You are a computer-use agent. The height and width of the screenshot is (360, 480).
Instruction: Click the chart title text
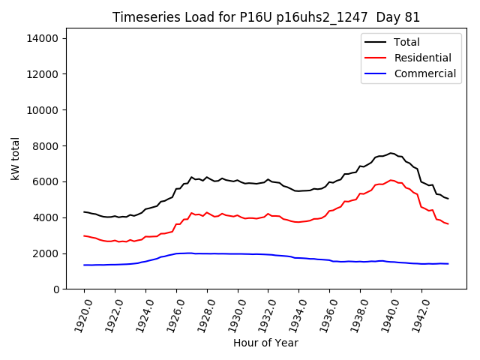[x=266, y=17]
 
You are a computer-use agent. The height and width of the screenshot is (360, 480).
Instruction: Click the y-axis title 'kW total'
[x=15, y=158]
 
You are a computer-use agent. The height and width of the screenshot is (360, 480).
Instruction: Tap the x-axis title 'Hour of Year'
[x=265, y=343]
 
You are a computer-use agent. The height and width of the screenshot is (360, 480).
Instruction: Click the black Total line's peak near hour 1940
[x=391, y=153]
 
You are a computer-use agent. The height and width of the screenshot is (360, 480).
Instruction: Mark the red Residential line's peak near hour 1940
[x=391, y=180]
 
